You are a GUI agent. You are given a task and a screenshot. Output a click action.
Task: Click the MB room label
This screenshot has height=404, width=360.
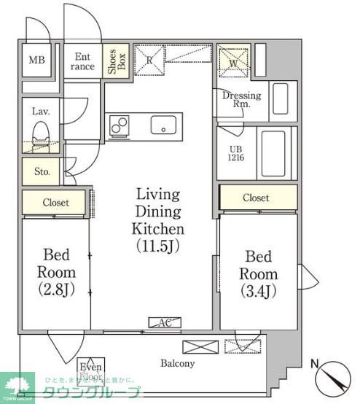click(36, 61)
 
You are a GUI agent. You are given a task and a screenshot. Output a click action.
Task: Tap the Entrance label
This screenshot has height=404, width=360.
click(82, 61)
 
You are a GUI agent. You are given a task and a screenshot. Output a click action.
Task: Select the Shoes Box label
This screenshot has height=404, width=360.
click(113, 61)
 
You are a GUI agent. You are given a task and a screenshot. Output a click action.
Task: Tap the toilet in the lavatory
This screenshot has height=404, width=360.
click(40, 136)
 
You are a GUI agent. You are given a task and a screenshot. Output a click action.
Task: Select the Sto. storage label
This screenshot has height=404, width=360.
click(41, 171)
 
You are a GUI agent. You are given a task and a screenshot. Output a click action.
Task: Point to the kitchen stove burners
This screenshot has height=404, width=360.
click(120, 127)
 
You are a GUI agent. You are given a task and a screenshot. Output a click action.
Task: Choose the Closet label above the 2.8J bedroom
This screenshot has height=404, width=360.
click(55, 203)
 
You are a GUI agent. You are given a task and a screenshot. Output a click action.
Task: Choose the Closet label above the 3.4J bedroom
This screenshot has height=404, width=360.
click(256, 198)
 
